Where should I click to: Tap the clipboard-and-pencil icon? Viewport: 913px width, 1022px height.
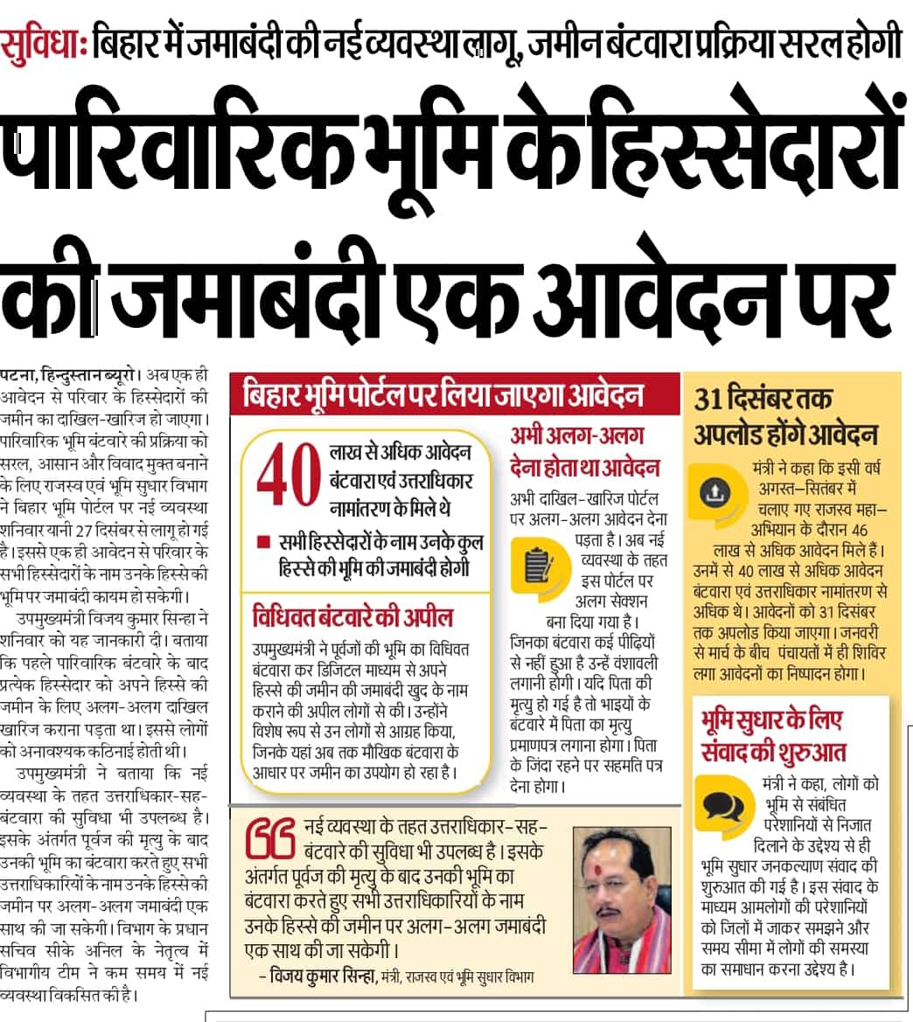(x=535, y=563)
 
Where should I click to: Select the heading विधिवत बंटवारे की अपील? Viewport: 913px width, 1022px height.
(x=352, y=616)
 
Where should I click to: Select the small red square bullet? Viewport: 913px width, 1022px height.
(x=262, y=542)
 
